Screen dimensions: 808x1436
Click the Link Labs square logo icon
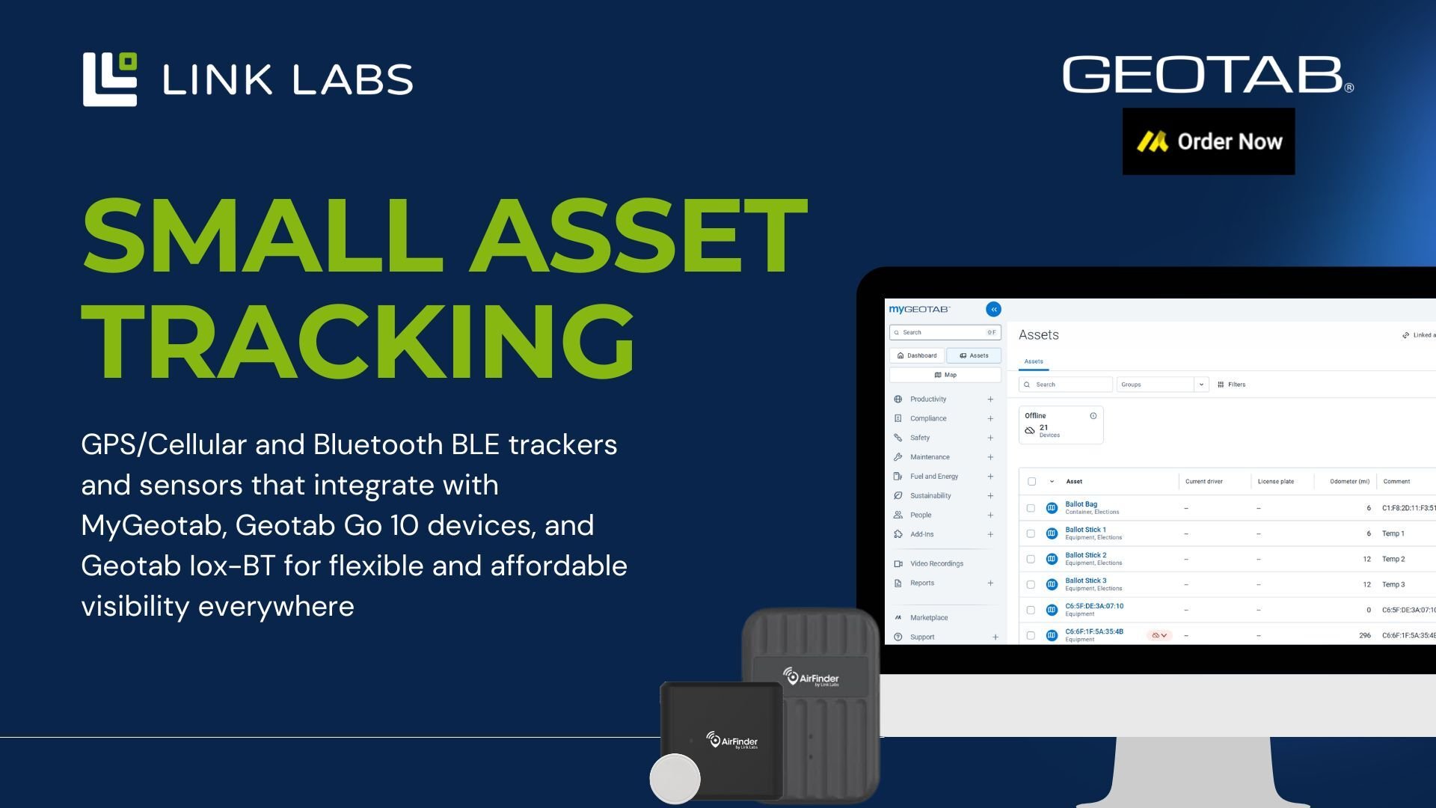pyautogui.click(x=109, y=79)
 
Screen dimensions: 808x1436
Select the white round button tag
pyautogui.click(x=675, y=778)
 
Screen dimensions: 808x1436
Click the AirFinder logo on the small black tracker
pyautogui.click(x=732, y=741)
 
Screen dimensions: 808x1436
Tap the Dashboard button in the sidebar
pyautogui.click(x=917, y=355)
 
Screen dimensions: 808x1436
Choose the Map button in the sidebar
pyautogui.click(x=945, y=375)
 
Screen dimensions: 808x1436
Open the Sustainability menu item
pyautogui.click(x=930, y=495)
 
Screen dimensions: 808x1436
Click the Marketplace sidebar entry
pyautogui.click(x=929, y=617)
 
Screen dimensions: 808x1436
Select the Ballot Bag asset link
pyautogui.click(x=1081, y=504)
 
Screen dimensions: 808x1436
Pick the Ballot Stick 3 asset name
pyautogui.click(x=1085, y=581)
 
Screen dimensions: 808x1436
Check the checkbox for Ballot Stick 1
pyautogui.click(x=1031, y=533)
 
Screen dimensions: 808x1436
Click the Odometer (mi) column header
pyautogui.click(x=1349, y=481)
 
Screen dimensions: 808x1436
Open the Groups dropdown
pyautogui.click(x=1162, y=385)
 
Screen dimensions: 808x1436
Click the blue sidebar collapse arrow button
pyautogui.click(x=993, y=309)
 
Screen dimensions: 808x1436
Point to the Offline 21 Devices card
pyautogui.click(x=1061, y=425)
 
